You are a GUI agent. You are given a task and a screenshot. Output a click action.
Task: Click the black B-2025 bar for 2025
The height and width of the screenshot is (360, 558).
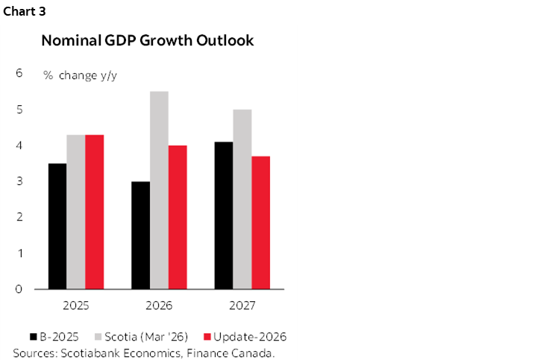tap(57, 226)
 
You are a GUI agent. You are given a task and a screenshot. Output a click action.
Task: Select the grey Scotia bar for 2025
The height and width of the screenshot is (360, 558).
tap(75, 212)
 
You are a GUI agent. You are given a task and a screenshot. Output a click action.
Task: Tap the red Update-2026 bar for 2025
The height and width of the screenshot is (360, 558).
tap(94, 212)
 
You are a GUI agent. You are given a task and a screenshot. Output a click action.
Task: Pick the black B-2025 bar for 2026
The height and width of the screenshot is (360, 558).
tap(140, 235)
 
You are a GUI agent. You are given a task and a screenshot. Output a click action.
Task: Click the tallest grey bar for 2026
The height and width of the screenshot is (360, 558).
tap(159, 190)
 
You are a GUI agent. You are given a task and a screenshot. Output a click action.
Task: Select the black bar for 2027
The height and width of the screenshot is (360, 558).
tap(224, 215)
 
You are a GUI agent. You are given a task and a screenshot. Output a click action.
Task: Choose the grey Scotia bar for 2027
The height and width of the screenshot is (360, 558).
tap(242, 199)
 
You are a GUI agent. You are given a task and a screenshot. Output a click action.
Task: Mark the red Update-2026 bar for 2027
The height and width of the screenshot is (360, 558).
tap(261, 222)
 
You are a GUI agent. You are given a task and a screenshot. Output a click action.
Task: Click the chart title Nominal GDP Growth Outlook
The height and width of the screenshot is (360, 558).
tap(148, 41)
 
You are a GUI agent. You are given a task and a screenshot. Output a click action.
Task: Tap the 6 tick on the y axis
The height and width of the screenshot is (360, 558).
tap(19, 73)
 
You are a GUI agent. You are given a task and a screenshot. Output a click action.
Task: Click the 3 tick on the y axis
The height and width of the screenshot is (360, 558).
tap(19, 181)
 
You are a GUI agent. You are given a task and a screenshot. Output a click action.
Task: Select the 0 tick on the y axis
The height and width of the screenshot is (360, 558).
tap(19, 289)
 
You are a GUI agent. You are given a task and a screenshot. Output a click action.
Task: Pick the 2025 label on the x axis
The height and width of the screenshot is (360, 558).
tap(75, 306)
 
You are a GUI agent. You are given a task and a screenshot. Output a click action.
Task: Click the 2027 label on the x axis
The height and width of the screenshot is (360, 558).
tap(242, 306)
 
